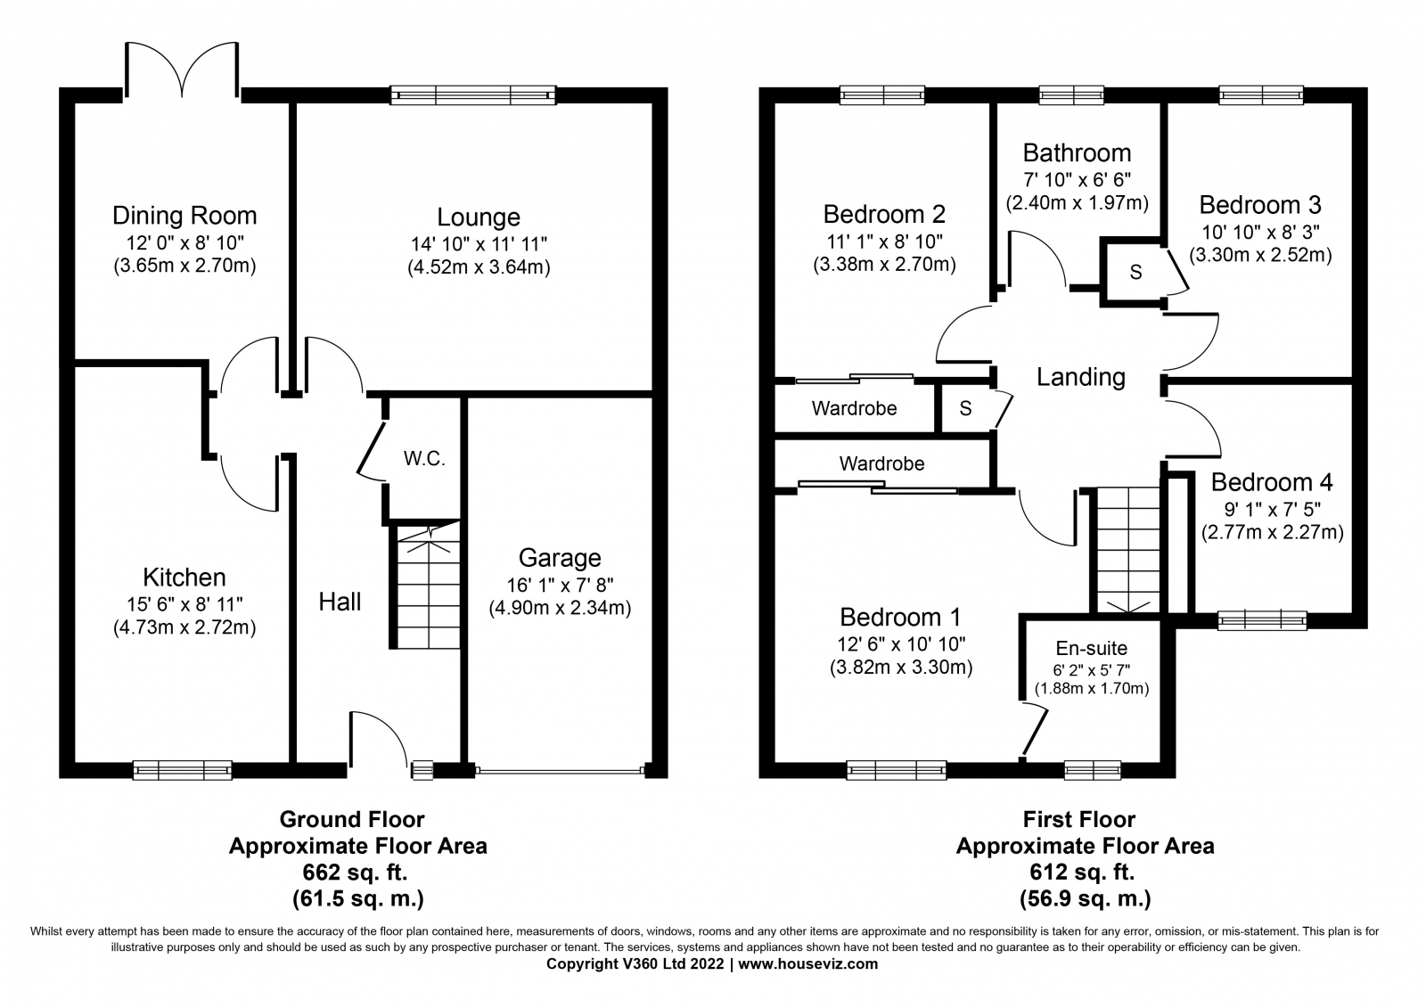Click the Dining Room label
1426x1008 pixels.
tap(184, 216)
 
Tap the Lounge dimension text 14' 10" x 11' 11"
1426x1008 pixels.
tap(479, 244)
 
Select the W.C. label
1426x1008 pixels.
tap(424, 458)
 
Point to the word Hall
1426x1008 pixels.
tap(340, 602)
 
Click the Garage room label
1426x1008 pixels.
tap(560, 559)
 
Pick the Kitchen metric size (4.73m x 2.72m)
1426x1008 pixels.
tap(184, 627)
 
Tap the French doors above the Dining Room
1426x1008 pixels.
tap(183, 71)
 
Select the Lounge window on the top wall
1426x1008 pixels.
tap(473, 95)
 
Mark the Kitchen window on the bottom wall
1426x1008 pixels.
tap(182, 770)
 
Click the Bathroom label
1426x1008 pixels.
tap(1078, 153)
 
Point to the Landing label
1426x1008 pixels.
tap(1081, 377)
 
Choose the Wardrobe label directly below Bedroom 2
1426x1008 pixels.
tap(855, 408)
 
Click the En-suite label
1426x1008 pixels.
tap(1091, 648)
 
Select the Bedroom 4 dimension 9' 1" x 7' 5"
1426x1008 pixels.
tap(1273, 510)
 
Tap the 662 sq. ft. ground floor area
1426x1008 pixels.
tap(355, 873)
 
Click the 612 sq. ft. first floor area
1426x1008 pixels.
tap(1082, 873)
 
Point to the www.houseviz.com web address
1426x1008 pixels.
tap(807, 964)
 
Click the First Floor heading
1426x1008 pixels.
tap(1079, 820)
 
